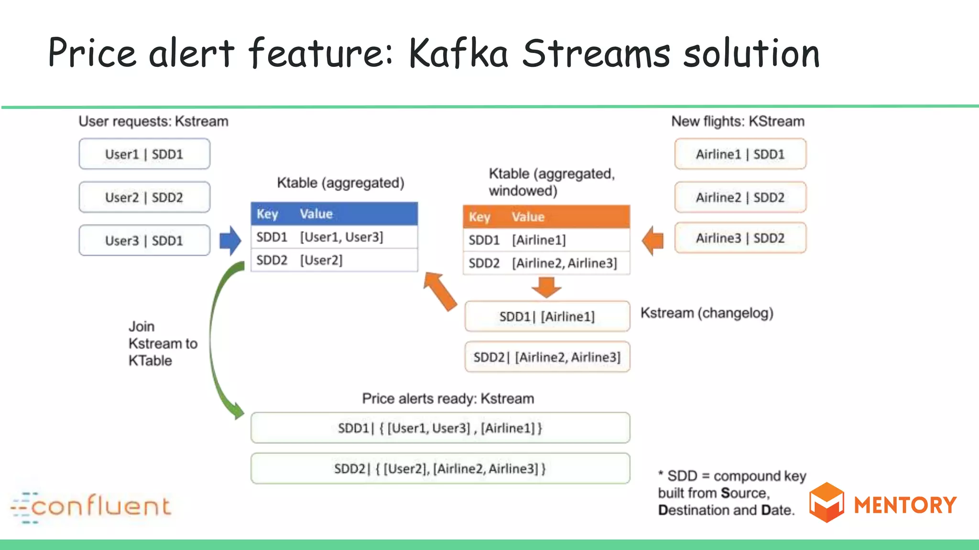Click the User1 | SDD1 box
pos(144,154)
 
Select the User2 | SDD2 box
pos(144,197)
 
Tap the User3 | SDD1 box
pos(144,241)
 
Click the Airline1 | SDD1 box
pos(740,154)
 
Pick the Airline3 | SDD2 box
pos(740,238)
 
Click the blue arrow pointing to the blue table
pos(230,241)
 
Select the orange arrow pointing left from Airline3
pos(653,240)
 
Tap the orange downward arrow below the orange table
pos(546,287)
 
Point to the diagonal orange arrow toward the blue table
pos(440,291)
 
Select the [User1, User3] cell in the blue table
pos(341,237)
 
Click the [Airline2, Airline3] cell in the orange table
pos(565,263)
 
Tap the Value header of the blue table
pos(316,214)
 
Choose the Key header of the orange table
pos(479,217)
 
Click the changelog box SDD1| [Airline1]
pos(547,317)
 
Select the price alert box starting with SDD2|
pos(440,468)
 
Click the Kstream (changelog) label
pos(707,313)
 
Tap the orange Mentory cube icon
pos(826,502)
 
